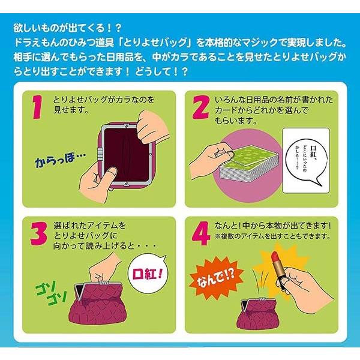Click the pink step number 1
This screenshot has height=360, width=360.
tap(37, 107)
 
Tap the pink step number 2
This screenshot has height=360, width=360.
tap(201, 107)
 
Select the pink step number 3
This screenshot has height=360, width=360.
tap(39, 233)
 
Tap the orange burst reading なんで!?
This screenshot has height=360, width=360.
tap(216, 278)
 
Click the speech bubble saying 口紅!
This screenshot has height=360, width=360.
tap(148, 273)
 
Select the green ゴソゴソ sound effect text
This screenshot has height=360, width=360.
tap(51, 295)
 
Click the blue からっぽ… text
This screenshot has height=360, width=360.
tap(60, 160)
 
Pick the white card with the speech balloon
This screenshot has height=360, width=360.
tap(306, 160)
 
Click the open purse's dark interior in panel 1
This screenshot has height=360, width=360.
tap(126, 154)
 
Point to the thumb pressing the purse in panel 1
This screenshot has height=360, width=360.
tap(110, 174)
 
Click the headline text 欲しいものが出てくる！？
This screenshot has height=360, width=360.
tap(67, 28)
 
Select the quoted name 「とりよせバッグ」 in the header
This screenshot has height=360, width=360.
tap(156, 43)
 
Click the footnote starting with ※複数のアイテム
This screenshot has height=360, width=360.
tap(272, 236)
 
